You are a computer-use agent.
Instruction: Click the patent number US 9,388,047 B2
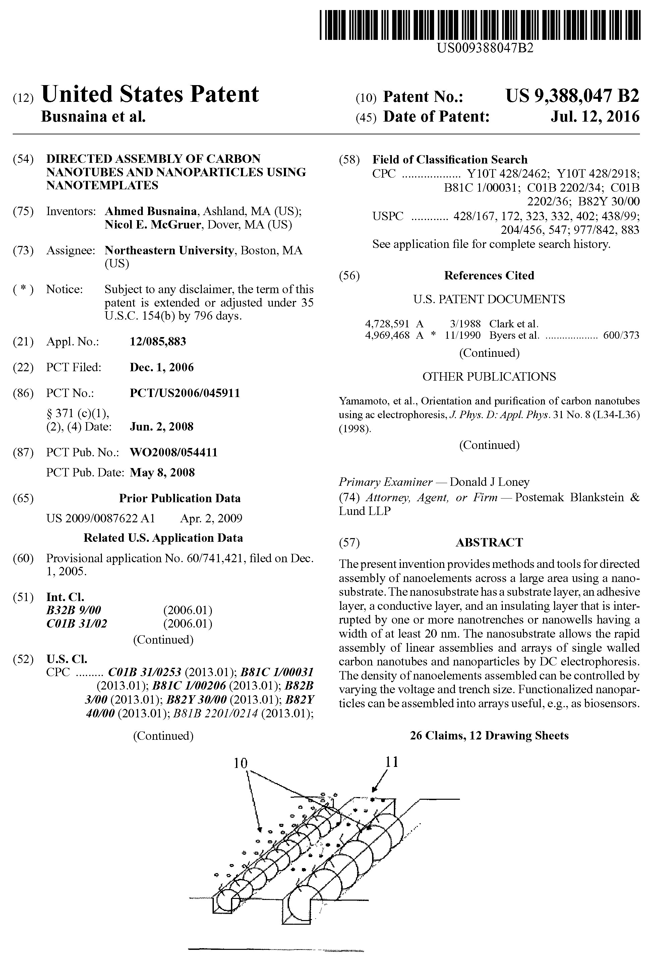click(x=572, y=96)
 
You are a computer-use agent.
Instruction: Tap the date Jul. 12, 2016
click(x=595, y=117)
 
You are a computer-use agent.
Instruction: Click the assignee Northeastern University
click(x=168, y=250)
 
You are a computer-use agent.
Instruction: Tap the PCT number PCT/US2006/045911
click(x=185, y=393)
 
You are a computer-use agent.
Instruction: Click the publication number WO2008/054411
click(x=174, y=452)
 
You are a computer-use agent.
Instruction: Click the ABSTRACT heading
click(x=489, y=542)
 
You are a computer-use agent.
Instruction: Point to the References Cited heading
click(x=489, y=275)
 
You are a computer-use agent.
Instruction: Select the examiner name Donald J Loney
click(x=489, y=482)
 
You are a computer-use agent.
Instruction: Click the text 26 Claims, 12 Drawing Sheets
click(x=489, y=735)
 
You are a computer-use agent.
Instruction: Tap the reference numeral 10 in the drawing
click(x=241, y=763)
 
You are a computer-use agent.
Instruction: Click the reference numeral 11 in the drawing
click(x=392, y=762)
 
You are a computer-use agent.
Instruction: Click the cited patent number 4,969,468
click(x=387, y=335)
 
